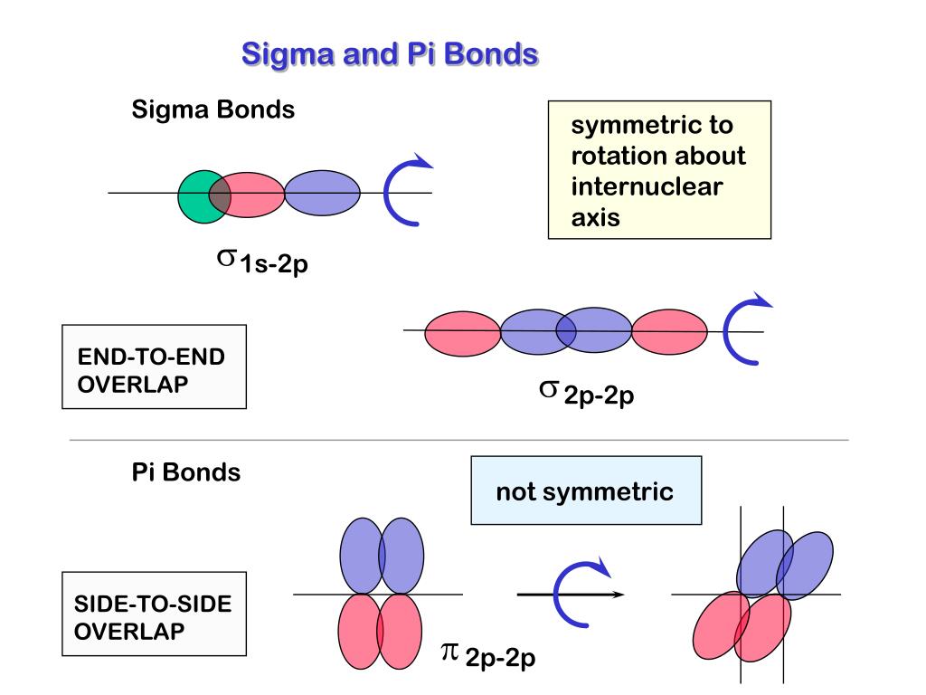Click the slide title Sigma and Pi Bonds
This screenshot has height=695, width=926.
point(390,53)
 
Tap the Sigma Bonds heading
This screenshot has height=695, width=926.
point(213,109)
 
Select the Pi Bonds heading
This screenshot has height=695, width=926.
point(186,472)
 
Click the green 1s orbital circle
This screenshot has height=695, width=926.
point(196,196)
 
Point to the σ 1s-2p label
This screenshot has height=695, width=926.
point(262,262)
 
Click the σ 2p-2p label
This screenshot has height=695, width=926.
point(586,393)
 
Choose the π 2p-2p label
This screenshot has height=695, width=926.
point(488,655)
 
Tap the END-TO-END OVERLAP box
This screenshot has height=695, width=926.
point(154,367)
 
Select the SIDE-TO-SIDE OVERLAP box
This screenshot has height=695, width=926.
point(154,614)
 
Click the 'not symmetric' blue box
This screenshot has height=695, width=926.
point(586,490)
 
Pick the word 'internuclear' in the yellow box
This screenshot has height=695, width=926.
point(647,186)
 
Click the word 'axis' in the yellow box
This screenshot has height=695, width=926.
point(595,217)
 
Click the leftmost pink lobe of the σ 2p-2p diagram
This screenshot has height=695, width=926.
point(462,333)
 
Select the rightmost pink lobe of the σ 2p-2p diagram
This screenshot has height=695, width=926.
point(669,331)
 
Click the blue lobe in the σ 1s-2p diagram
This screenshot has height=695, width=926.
point(323,193)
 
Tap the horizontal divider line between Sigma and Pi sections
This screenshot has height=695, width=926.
point(458,440)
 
